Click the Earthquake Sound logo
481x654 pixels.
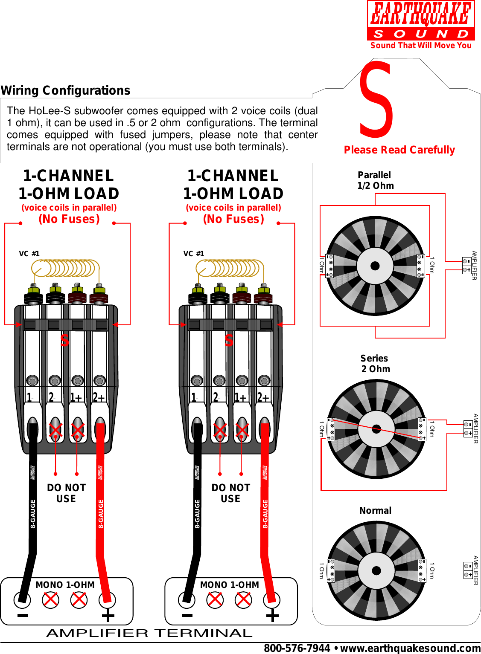pos(421,25)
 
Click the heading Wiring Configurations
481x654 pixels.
pos(65,90)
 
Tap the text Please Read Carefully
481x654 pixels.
pos(399,150)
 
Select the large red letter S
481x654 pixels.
pos(376,99)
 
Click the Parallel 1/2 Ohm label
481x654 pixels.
pos(375,180)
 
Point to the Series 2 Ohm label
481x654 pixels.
pos(375,364)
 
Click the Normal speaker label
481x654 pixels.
pos(375,510)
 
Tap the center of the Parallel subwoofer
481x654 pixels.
pos(375,266)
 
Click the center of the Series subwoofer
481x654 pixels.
pos(376,429)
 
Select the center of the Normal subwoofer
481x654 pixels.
pos(376,570)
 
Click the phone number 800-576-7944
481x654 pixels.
pos(297,648)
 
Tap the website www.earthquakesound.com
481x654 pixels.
pos(410,648)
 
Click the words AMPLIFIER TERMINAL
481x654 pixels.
pos(149,633)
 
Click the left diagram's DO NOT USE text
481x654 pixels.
pos(66,493)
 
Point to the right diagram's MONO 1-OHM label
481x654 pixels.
pos(230,585)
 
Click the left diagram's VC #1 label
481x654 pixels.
pos(29,254)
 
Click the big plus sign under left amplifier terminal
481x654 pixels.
pos(108,616)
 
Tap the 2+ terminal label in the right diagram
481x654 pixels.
pos(263,397)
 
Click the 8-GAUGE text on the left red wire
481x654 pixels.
pos(101,514)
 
